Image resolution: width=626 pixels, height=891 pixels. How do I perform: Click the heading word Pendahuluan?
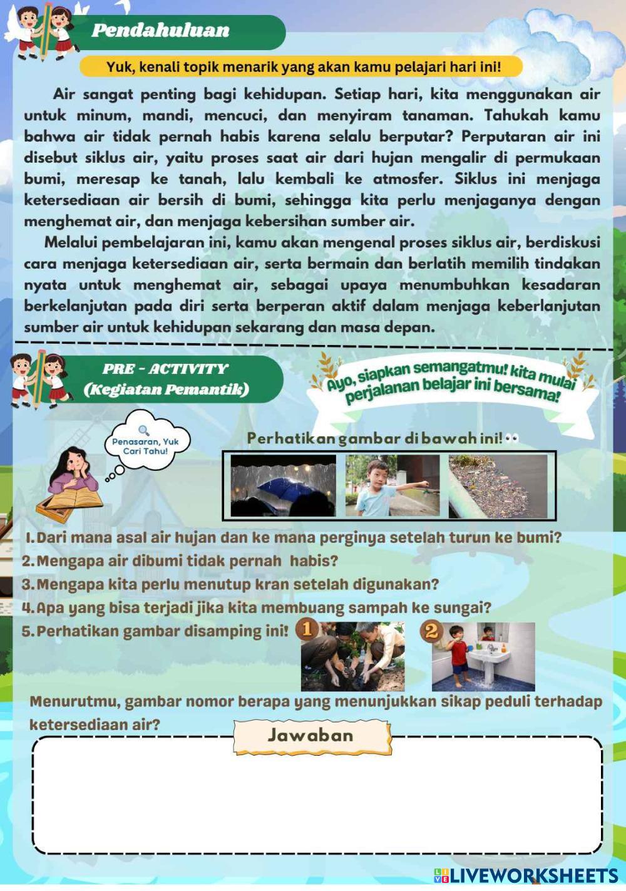(160, 30)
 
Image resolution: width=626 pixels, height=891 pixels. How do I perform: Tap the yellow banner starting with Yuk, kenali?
(303, 66)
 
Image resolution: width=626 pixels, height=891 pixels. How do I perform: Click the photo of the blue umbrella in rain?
(283, 485)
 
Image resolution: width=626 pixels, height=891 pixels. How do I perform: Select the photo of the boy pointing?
(392, 485)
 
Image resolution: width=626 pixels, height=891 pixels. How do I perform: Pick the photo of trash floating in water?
(498, 486)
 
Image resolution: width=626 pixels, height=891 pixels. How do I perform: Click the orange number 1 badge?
(306, 629)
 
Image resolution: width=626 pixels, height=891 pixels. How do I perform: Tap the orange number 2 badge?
(431, 630)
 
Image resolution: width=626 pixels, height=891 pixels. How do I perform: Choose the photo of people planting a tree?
(353, 656)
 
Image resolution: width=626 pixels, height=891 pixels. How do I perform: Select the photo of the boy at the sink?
(483, 656)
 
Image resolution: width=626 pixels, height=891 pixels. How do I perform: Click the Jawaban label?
(311, 735)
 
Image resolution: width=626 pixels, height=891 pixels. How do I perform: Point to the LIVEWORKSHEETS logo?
(526, 875)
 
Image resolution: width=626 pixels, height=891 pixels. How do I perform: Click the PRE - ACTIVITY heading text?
(166, 369)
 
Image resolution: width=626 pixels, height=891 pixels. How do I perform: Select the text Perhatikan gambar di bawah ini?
(374, 438)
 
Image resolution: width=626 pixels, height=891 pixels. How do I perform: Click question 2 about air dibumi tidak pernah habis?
(180, 560)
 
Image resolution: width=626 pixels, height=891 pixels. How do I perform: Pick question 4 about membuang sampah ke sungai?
(256, 607)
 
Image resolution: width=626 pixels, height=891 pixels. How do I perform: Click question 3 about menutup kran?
(230, 584)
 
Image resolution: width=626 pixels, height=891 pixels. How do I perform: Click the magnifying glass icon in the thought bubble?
(145, 430)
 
